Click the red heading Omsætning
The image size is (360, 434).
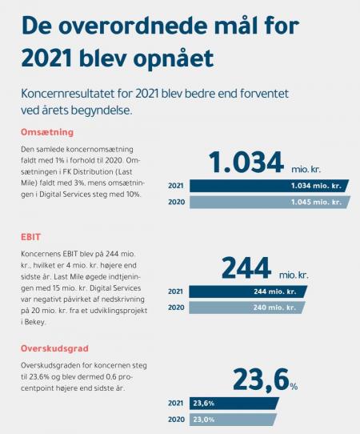tap(47, 132)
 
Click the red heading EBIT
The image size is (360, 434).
tap(30, 237)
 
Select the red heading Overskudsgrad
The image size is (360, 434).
tap(54, 348)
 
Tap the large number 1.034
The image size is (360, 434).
tap(246, 163)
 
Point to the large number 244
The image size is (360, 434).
tap(246, 268)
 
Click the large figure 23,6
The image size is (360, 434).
tap(261, 380)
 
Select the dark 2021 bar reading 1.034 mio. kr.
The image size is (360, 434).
tap(269, 186)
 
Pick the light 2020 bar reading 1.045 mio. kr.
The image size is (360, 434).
tap(270, 202)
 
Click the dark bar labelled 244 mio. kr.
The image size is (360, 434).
tap(248, 291)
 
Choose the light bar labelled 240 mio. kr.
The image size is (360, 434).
tap(247, 307)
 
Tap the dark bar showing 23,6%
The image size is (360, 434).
tap(234, 404)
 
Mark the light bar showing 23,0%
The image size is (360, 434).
tap(233, 420)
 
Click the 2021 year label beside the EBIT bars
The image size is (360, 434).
tap(175, 291)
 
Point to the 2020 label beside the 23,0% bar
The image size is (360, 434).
tap(176, 420)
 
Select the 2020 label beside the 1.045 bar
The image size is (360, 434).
tap(177, 202)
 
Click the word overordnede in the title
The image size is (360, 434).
tap(133, 26)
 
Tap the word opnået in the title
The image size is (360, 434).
tap(174, 58)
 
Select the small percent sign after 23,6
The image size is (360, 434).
tap(294, 387)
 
